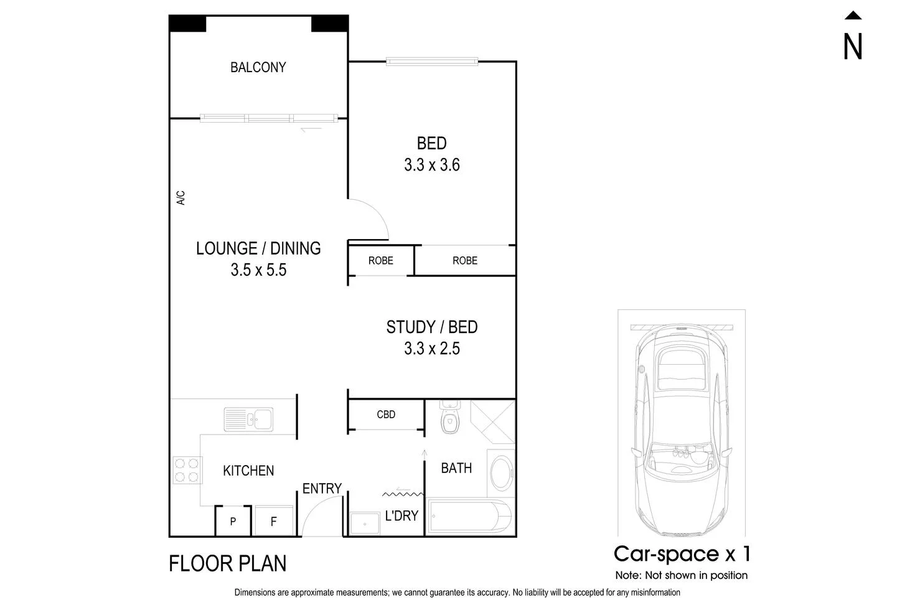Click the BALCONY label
point(258,67)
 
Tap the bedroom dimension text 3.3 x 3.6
point(431,165)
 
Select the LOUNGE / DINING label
point(258,248)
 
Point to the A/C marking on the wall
point(181,198)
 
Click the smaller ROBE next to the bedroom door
point(380,261)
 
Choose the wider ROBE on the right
point(464,261)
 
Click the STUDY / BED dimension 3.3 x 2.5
point(431,349)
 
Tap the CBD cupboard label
point(386,415)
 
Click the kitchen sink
point(248,419)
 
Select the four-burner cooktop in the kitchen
point(187,470)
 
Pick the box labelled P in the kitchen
point(233,521)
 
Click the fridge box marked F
point(274,521)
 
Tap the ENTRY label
point(322,489)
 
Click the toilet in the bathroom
point(449,418)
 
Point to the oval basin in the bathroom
point(502,473)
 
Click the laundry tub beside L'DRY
point(365,523)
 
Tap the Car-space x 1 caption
point(682,553)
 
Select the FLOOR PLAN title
point(228,564)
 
